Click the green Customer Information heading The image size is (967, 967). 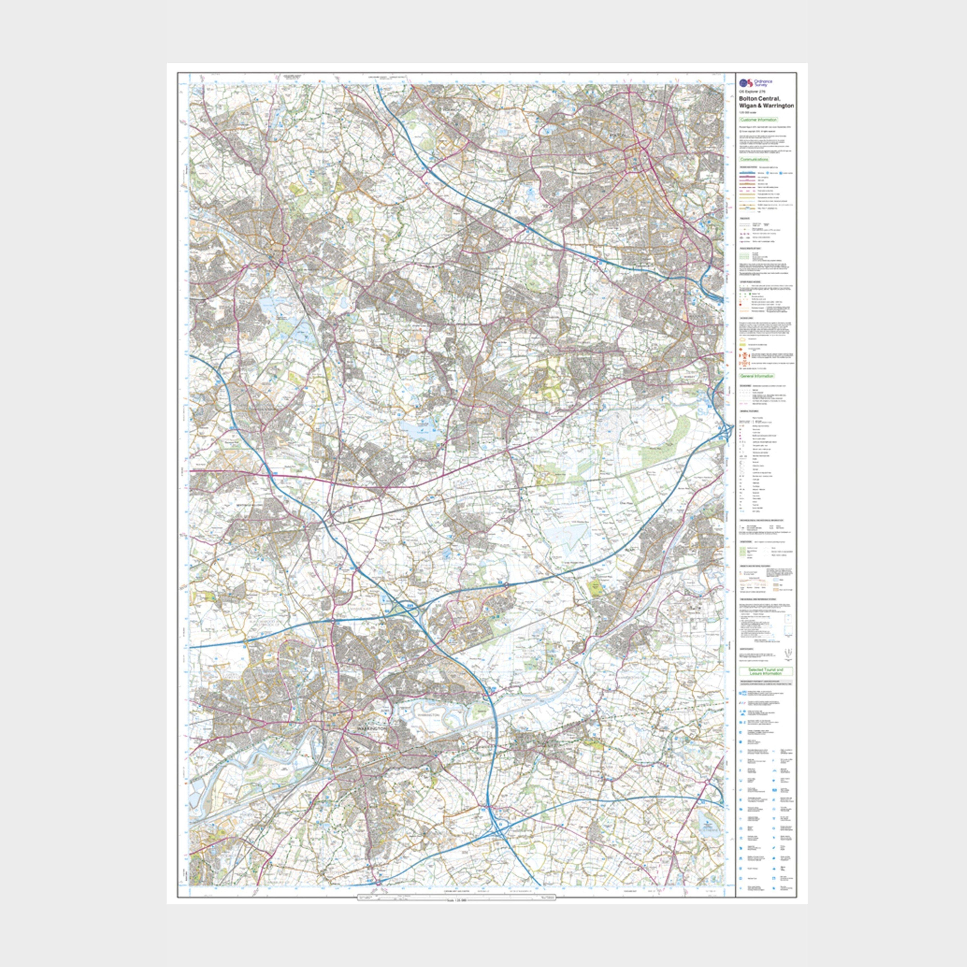tap(759, 120)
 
